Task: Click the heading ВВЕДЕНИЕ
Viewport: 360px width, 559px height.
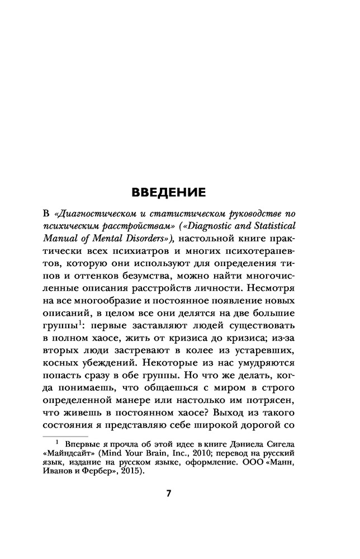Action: point(168,193)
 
